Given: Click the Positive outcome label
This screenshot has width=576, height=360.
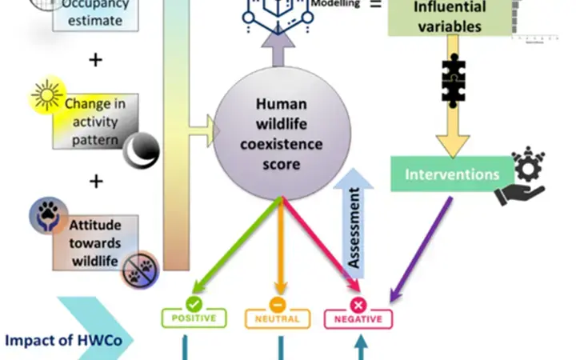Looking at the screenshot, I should coord(194,318).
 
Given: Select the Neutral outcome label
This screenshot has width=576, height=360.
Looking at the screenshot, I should coord(278,318).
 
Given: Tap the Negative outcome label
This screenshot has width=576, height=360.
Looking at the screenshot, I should coord(358,318).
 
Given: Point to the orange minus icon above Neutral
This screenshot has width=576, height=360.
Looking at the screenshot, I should coord(278,304).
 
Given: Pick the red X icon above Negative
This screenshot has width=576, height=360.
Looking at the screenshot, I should coord(358,304).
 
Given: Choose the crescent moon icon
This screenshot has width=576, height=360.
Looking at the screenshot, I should coord(141,148).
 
